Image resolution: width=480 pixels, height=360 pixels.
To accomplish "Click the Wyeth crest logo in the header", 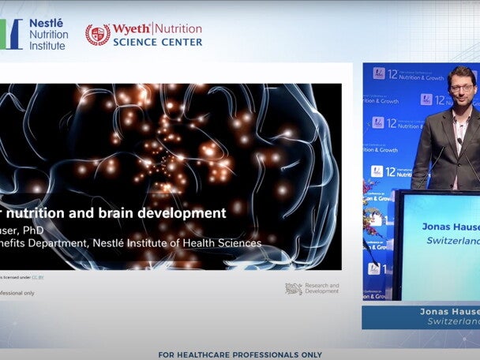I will tap(98, 35).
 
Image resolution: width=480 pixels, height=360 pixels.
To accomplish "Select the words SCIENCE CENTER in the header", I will tap(157, 42).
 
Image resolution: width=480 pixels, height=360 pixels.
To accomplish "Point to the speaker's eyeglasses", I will tap(461, 87).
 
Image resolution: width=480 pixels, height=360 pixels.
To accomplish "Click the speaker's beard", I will tap(462, 101).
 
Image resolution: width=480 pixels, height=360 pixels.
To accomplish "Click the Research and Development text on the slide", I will tap(322, 288).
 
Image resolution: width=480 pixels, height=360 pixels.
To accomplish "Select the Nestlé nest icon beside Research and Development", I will tap(294, 289).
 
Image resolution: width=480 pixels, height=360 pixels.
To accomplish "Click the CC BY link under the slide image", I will tap(37, 278).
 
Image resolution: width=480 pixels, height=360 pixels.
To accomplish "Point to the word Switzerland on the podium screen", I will tap(453, 240).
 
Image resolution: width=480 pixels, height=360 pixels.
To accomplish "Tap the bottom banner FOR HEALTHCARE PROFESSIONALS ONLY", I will tap(240, 354).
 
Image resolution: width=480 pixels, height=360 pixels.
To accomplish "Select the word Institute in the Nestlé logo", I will tap(48, 45).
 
